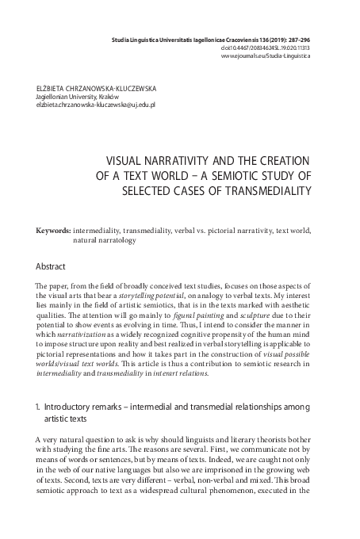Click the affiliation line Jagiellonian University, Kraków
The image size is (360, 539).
pos(77,96)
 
